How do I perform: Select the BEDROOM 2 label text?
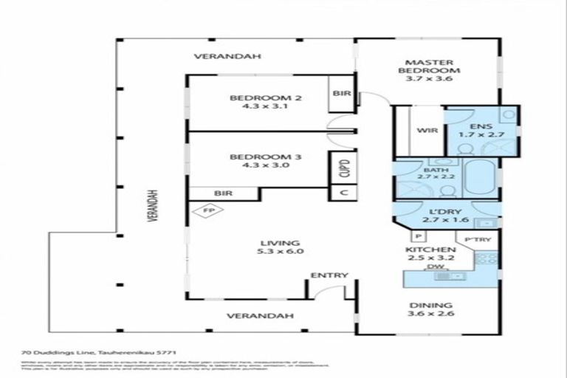255,98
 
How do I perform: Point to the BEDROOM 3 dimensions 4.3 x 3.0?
255,166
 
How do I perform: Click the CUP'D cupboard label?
343,169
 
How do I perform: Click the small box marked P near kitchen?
417,236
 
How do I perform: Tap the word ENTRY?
329,275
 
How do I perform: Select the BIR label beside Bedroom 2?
341,94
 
